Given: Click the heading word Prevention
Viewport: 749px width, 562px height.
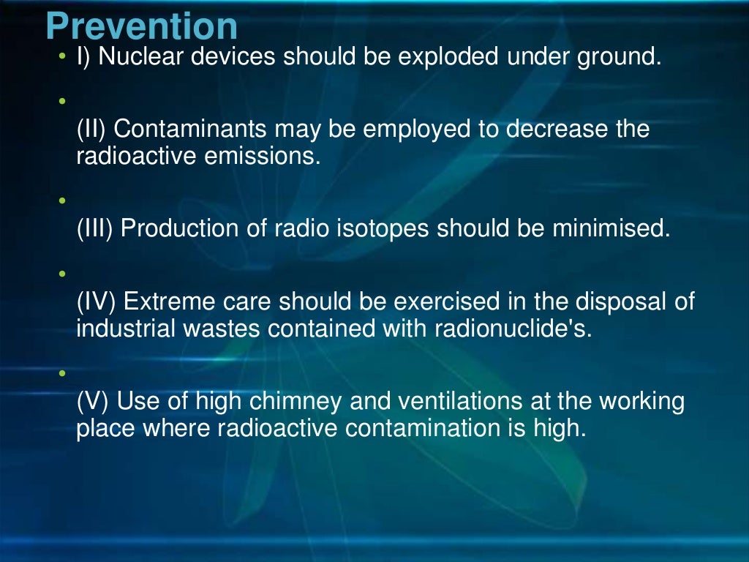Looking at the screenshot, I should [x=141, y=27].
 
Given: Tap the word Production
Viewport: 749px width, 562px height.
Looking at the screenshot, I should [x=178, y=229].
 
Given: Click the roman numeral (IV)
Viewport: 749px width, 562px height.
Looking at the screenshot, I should [x=97, y=301].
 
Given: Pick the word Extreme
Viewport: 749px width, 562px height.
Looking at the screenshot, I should [x=168, y=301].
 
